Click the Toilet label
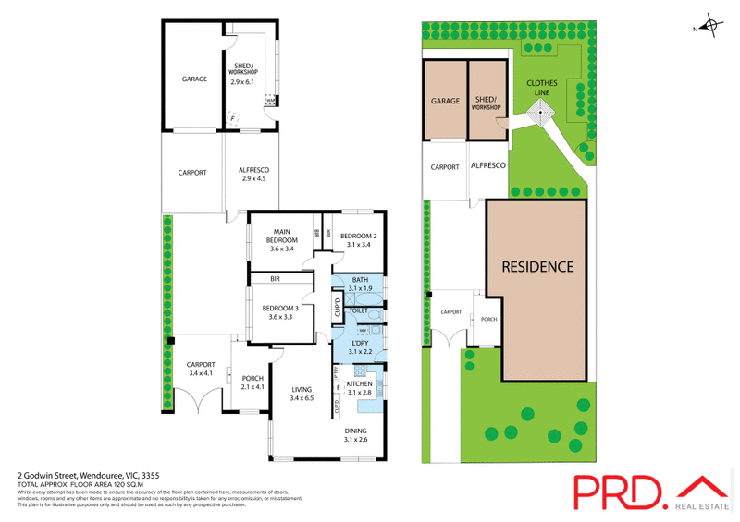(359, 311)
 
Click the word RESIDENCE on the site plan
(537, 267)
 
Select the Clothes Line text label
(542, 87)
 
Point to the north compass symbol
(710, 28)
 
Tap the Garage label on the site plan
(445, 101)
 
